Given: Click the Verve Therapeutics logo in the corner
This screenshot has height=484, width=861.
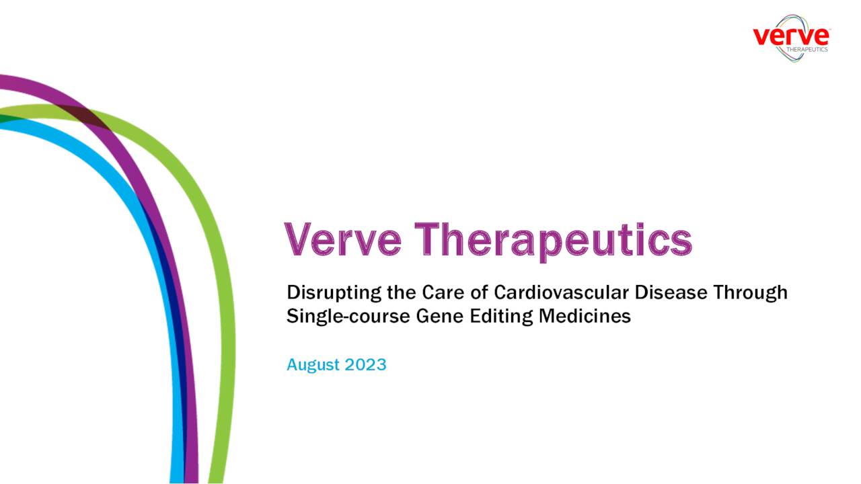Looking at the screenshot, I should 791,38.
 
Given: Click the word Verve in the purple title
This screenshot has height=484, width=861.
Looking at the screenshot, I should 341,239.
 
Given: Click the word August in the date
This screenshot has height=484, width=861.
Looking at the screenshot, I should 313,365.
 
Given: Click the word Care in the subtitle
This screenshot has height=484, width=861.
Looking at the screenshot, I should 441,293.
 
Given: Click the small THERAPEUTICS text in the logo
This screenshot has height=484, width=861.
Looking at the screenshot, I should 807,49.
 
